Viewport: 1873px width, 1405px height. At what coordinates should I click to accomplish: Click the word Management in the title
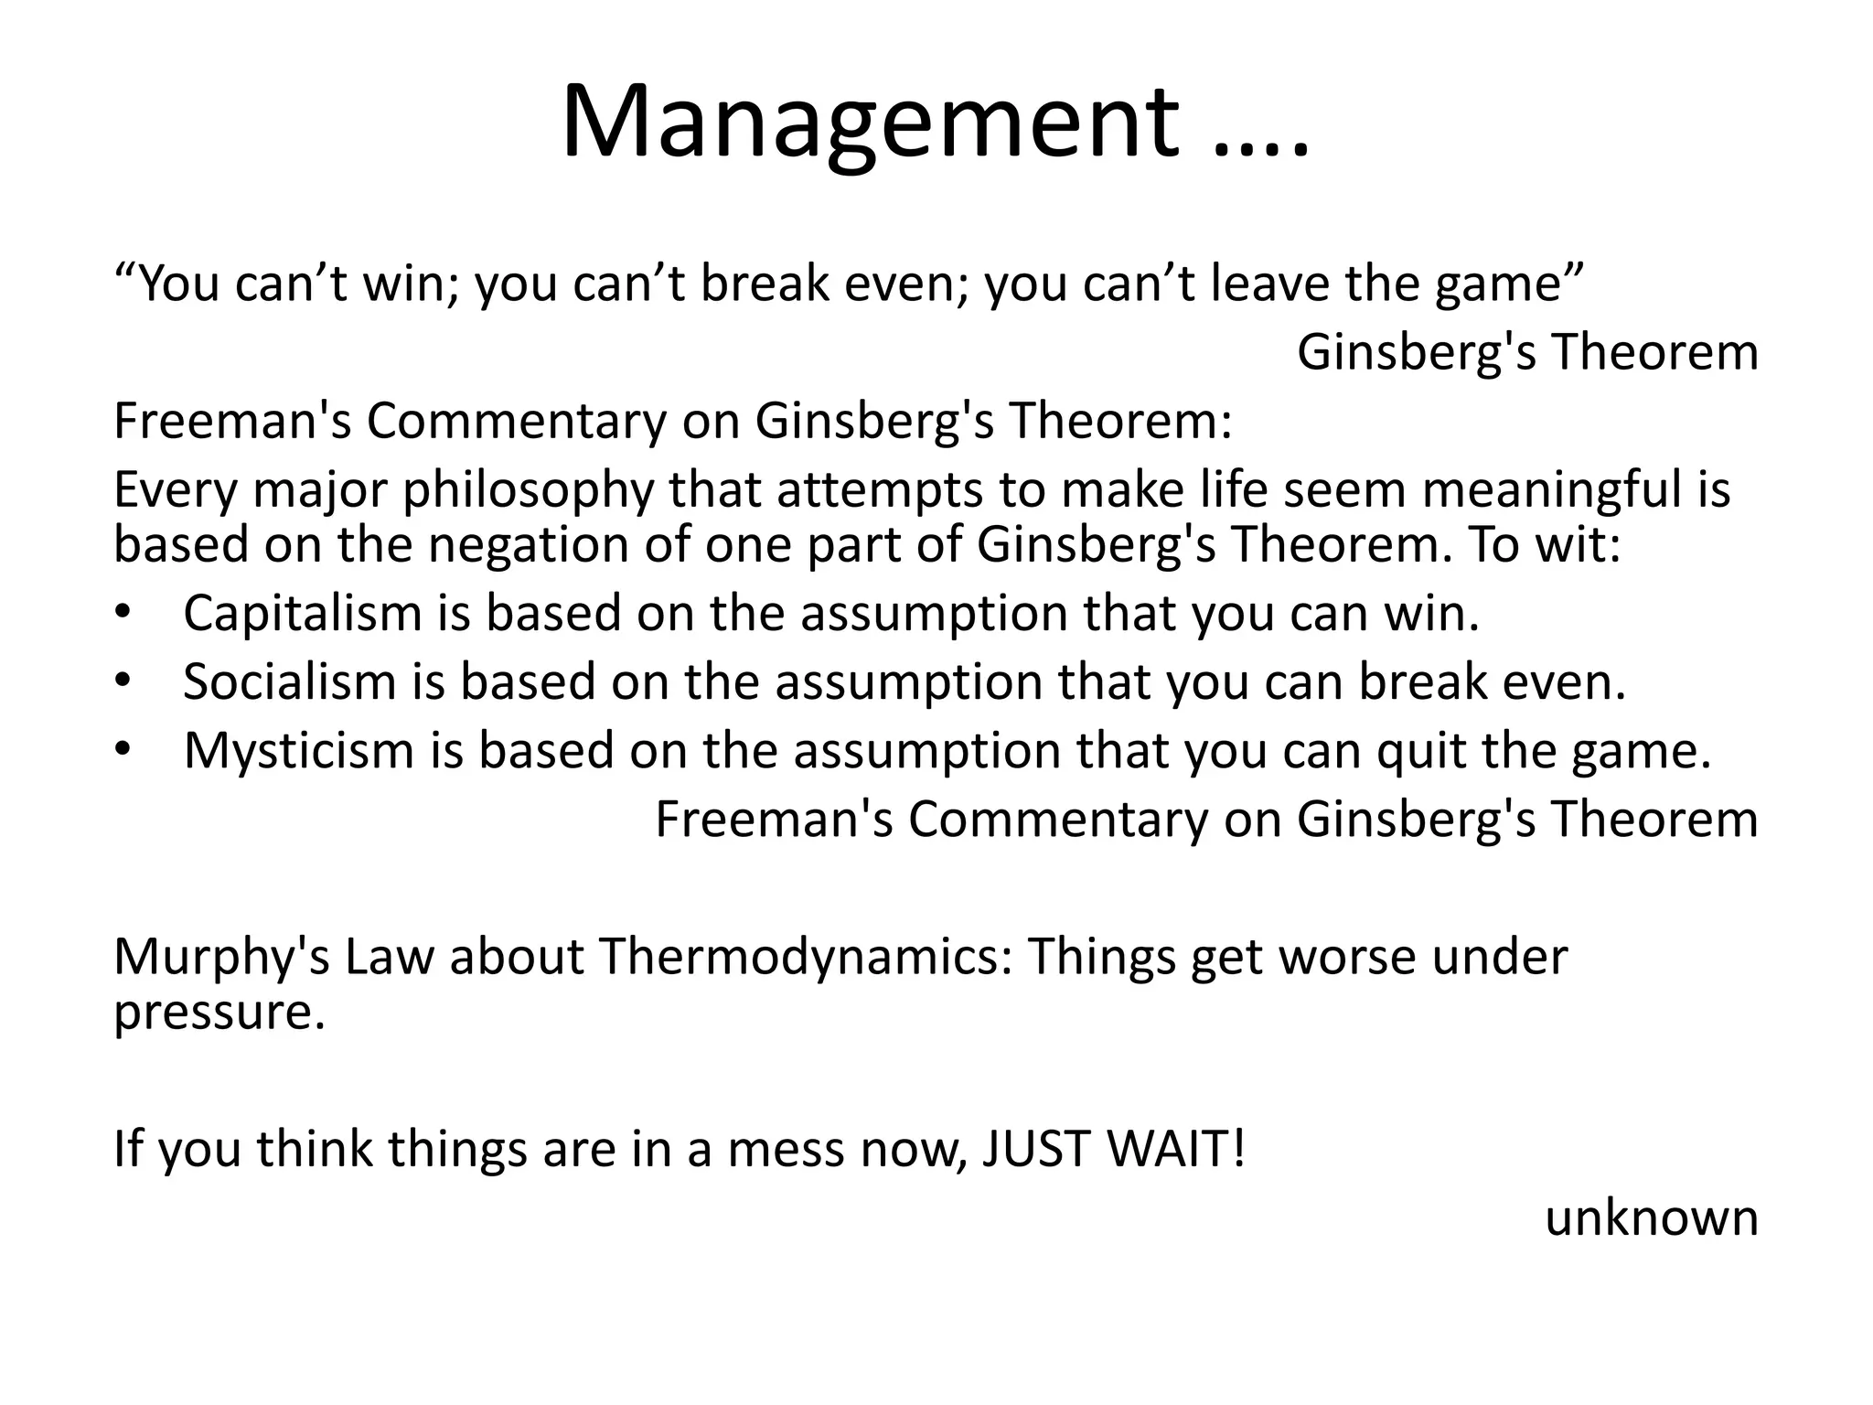[869, 123]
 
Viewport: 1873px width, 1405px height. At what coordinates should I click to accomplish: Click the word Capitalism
[302, 613]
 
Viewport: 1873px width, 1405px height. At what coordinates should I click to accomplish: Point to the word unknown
[1651, 1217]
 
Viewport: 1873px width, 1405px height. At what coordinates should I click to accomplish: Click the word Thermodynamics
[806, 957]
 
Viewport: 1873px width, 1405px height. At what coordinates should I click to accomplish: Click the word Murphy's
[221, 957]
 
